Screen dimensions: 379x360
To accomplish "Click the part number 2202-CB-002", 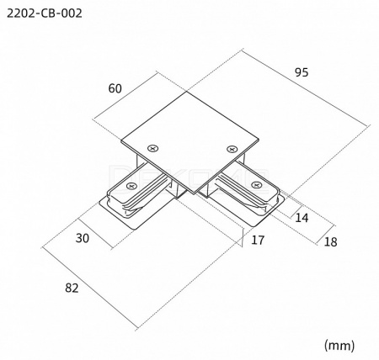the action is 45,13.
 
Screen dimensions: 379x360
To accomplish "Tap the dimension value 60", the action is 115,88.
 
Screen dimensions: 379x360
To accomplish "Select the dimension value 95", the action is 302,72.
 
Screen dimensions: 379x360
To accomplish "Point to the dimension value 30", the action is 83,238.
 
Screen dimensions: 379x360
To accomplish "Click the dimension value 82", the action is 72,288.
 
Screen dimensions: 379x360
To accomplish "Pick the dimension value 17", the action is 258,240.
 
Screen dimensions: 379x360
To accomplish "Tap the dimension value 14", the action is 302,218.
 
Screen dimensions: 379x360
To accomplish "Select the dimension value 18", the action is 330,242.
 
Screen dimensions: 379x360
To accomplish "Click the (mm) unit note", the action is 339,345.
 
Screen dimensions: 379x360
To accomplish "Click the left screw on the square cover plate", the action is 153,148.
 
